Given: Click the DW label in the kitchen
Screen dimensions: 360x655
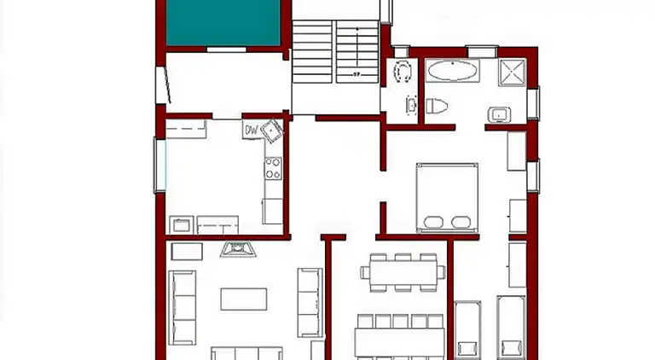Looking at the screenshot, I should point(251,131).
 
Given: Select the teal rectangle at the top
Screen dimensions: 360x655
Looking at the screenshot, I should point(223,23).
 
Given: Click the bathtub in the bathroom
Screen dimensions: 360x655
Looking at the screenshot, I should point(452,71).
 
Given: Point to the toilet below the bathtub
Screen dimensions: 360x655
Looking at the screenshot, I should point(437,107).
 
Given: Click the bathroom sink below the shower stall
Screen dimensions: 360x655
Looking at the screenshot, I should point(497,114).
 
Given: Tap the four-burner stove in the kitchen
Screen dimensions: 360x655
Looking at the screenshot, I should point(273,169).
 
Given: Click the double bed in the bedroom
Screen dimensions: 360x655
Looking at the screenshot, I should point(446,198).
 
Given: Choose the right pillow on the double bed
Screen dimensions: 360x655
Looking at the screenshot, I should point(461,224).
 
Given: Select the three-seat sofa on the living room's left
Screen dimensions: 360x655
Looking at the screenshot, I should point(182,305).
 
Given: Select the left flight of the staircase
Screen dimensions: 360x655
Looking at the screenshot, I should point(312,53).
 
